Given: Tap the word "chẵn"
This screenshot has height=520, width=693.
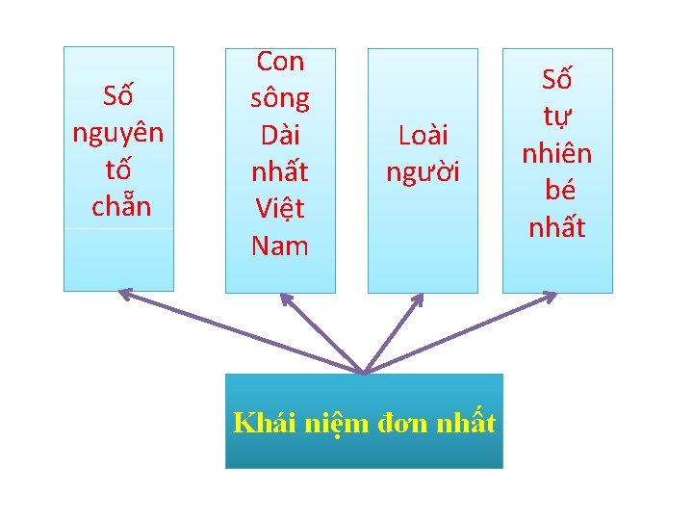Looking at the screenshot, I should click(121, 206).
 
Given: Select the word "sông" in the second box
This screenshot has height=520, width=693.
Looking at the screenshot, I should click(280, 98).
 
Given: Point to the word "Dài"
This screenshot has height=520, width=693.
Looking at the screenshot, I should click(280, 135).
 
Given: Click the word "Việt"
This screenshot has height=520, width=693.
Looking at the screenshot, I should click(280, 208).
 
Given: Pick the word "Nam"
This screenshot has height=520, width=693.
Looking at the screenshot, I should click(280, 245).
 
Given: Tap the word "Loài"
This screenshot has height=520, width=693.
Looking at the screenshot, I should click(423, 136).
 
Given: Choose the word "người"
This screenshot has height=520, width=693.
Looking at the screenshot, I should click(423, 171).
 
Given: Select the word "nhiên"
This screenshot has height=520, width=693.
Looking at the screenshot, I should click(557, 154).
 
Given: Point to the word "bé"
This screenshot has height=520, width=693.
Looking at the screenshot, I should click(557, 190).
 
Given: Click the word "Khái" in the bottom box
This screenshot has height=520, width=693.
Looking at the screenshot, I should click(262, 423).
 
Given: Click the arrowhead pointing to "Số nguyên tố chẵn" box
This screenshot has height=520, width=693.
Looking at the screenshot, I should click(124, 293).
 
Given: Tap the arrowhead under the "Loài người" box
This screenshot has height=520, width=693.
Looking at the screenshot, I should click(419, 299).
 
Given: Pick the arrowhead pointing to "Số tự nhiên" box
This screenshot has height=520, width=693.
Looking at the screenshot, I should click(551, 295).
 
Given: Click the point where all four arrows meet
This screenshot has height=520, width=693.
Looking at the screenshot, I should click(364, 373).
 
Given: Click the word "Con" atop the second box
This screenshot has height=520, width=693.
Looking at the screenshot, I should click(280, 62).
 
